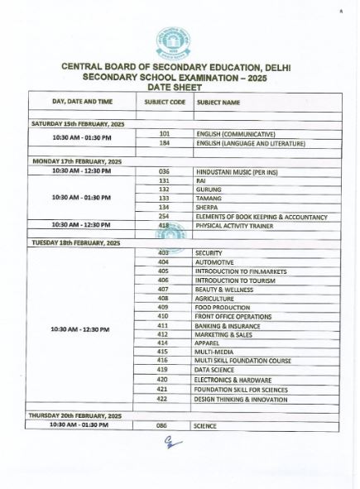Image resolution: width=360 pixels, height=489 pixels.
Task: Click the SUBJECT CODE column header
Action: (x=165, y=101)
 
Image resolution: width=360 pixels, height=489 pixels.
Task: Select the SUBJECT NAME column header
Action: (x=218, y=101)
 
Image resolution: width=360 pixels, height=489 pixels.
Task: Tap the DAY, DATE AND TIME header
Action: (x=82, y=101)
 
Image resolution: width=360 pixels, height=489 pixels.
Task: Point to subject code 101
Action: (x=164, y=132)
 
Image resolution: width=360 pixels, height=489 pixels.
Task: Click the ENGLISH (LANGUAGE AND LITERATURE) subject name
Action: (x=250, y=142)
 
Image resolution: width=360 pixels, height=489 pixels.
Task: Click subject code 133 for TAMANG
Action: (x=164, y=198)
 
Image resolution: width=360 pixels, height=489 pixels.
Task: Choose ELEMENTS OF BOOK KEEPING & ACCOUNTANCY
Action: (x=261, y=217)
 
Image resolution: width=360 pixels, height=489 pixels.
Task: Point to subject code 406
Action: (x=163, y=280)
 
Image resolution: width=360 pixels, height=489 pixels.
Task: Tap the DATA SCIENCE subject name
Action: (x=214, y=370)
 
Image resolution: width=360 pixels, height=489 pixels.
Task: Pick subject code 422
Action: (x=163, y=398)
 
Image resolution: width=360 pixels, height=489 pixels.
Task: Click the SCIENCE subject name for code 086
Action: (x=205, y=424)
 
